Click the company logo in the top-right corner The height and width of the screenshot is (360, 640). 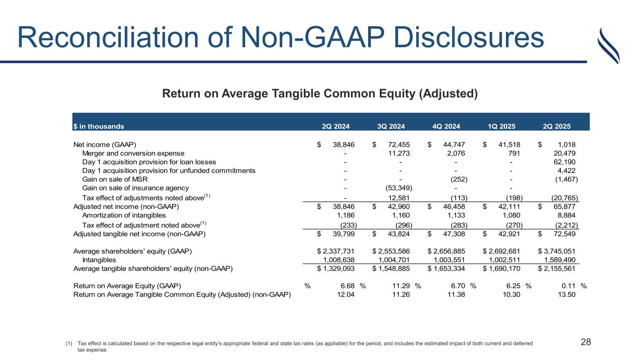[609, 45]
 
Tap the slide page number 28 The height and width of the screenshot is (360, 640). [586, 342]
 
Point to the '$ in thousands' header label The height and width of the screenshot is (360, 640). [98, 126]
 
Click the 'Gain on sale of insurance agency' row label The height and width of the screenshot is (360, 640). [136, 187]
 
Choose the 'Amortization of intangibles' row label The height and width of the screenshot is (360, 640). [124, 215]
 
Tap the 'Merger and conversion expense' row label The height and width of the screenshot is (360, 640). [133, 153]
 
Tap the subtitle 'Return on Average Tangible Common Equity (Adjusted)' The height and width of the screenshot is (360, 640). [320, 94]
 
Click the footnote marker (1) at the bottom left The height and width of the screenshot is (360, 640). [69, 344]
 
